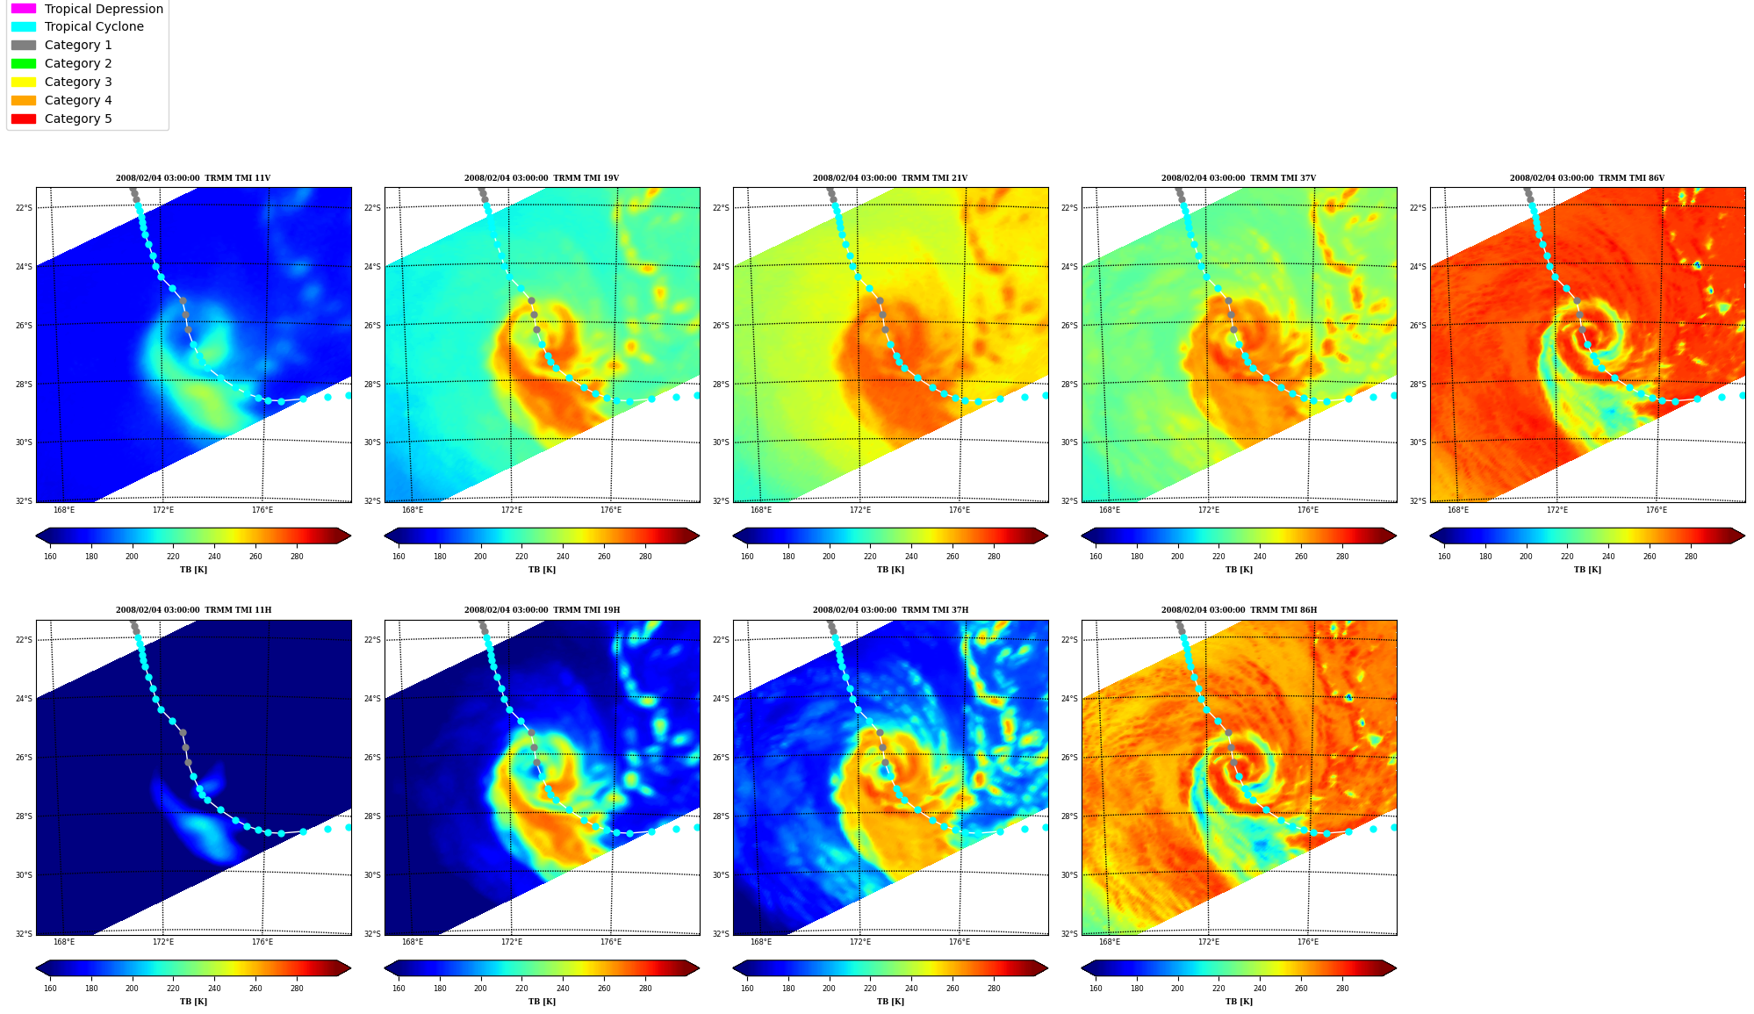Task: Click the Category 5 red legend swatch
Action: click(x=24, y=119)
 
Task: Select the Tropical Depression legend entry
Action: click(x=87, y=9)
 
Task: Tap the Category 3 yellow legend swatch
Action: click(x=24, y=82)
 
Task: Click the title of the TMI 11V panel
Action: click(x=193, y=178)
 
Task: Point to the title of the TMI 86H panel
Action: click(x=1239, y=610)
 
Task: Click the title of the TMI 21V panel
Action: click(x=890, y=178)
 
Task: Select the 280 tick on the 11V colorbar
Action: click(x=297, y=556)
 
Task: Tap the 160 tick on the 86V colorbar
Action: click(x=1444, y=556)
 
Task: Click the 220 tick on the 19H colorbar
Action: click(x=521, y=989)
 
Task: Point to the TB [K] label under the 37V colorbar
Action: click(x=1239, y=570)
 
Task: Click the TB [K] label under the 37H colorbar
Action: click(x=890, y=1002)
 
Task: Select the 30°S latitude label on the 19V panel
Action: click(x=372, y=442)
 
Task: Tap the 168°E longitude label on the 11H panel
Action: click(x=64, y=942)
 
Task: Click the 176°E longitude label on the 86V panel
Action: click(x=1657, y=510)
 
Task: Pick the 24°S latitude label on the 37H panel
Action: click(x=721, y=699)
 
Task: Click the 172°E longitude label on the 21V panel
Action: click(x=860, y=510)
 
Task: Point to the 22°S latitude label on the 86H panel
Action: click(x=1069, y=640)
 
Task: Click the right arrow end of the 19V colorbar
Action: click(x=693, y=536)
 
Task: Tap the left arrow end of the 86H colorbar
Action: click(x=1089, y=967)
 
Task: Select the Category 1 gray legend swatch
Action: click(x=24, y=45)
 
